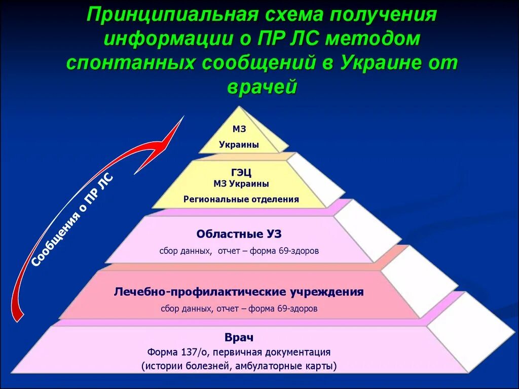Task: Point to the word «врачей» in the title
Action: (262, 88)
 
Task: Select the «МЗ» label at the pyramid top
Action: (240, 130)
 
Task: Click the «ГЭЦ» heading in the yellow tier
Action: (241, 173)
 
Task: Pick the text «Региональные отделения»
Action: (241, 199)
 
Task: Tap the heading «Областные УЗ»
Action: (238, 234)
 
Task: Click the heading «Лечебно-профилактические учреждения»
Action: (239, 292)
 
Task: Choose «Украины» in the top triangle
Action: (239, 145)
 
